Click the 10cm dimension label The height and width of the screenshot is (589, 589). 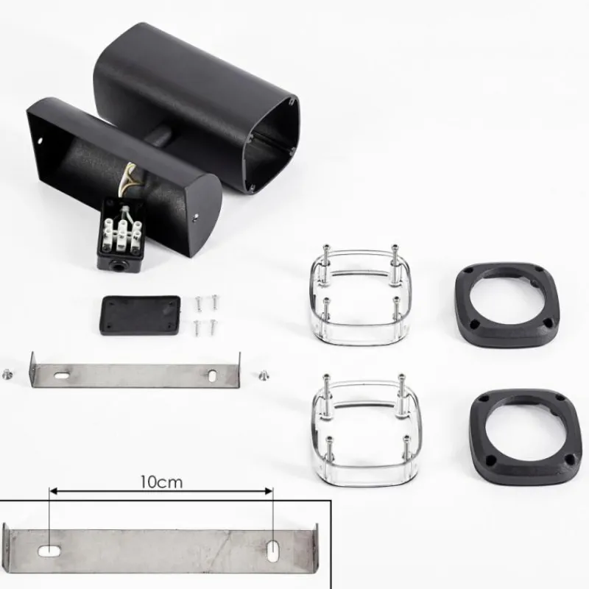[161, 482]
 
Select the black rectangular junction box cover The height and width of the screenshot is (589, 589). [141, 315]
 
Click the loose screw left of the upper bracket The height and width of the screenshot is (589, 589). [7, 374]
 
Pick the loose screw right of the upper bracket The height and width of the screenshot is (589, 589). [264, 375]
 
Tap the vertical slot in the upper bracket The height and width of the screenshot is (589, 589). [212, 375]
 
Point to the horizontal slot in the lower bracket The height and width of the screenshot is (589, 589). [49, 551]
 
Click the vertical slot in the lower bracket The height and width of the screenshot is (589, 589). [272, 551]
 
